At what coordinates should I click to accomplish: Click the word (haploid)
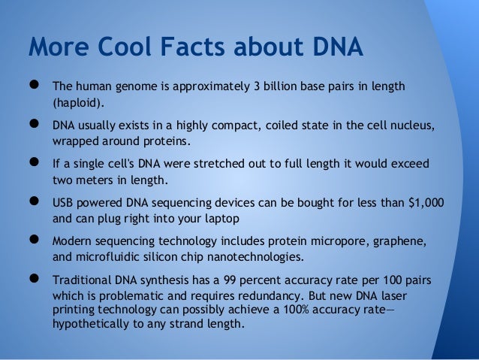click(x=79, y=101)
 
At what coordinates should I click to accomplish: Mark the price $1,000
click(x=426, y=204)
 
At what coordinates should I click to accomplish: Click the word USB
click(x=63, y=204)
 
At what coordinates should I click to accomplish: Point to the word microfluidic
click(x=109, y=259)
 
